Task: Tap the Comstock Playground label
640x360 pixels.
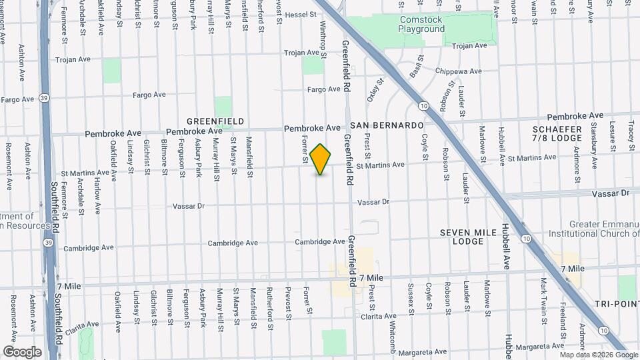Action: pos(421,25)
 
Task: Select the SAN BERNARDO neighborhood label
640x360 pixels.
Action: pos(387,125)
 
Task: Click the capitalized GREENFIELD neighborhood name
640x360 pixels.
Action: pos(215,121)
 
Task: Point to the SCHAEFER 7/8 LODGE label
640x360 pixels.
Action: pos(558,133)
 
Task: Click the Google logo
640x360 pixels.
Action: pos(22,351)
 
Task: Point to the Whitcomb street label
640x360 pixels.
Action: pos(392,329)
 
